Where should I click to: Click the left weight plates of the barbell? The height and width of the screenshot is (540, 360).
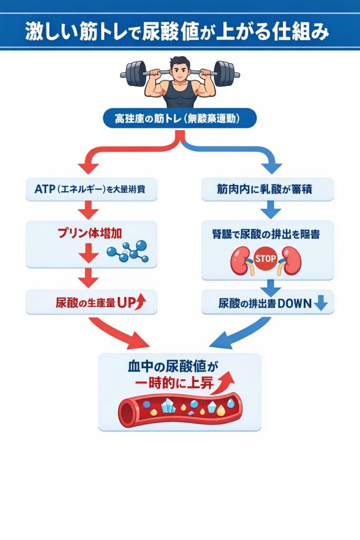(135, 73)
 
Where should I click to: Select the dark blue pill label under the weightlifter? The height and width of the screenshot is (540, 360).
(180, 119)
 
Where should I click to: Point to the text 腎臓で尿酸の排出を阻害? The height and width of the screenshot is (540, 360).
(267, 233)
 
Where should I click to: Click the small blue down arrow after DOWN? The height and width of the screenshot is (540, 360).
(321, 304)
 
